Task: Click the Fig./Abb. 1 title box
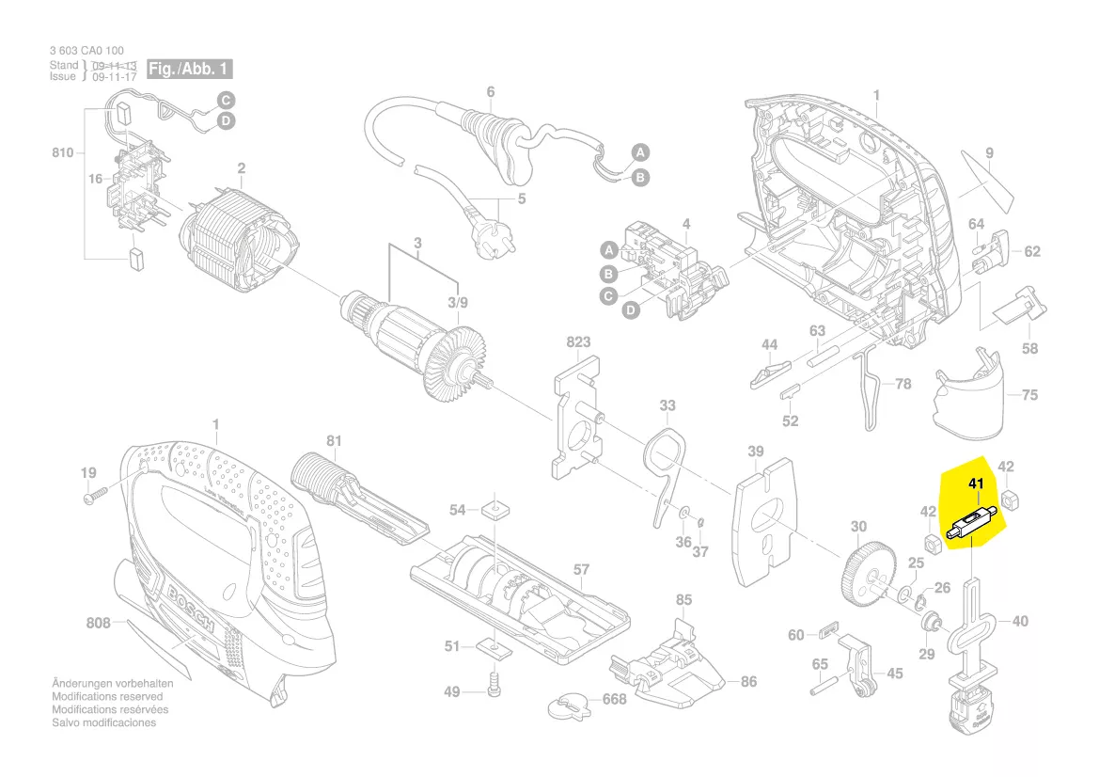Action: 188,70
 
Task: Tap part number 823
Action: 579,342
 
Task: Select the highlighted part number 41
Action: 975,484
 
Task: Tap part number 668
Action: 614,700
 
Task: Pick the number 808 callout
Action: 98,623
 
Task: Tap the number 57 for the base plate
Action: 581,569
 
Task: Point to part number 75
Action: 1029,395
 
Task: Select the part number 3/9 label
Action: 457,302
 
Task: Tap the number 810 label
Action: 63,151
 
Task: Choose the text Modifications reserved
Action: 107,696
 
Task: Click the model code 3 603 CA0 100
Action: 86,50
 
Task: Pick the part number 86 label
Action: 748,682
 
